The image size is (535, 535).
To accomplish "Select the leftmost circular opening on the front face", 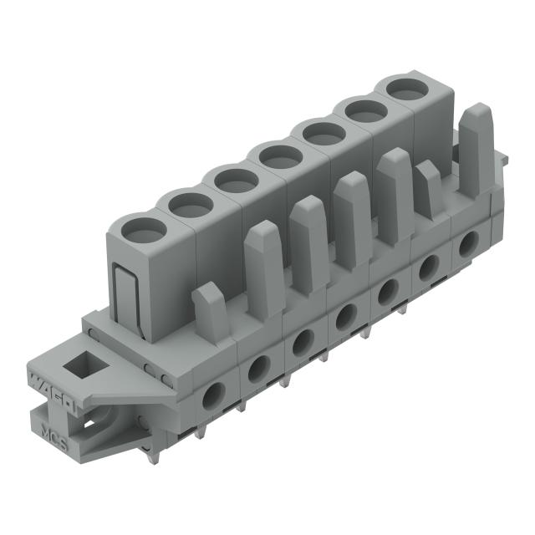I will [213, 395].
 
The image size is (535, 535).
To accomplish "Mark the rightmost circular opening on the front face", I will [468, 242].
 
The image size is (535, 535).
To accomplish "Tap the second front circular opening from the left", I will [258, 368].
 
